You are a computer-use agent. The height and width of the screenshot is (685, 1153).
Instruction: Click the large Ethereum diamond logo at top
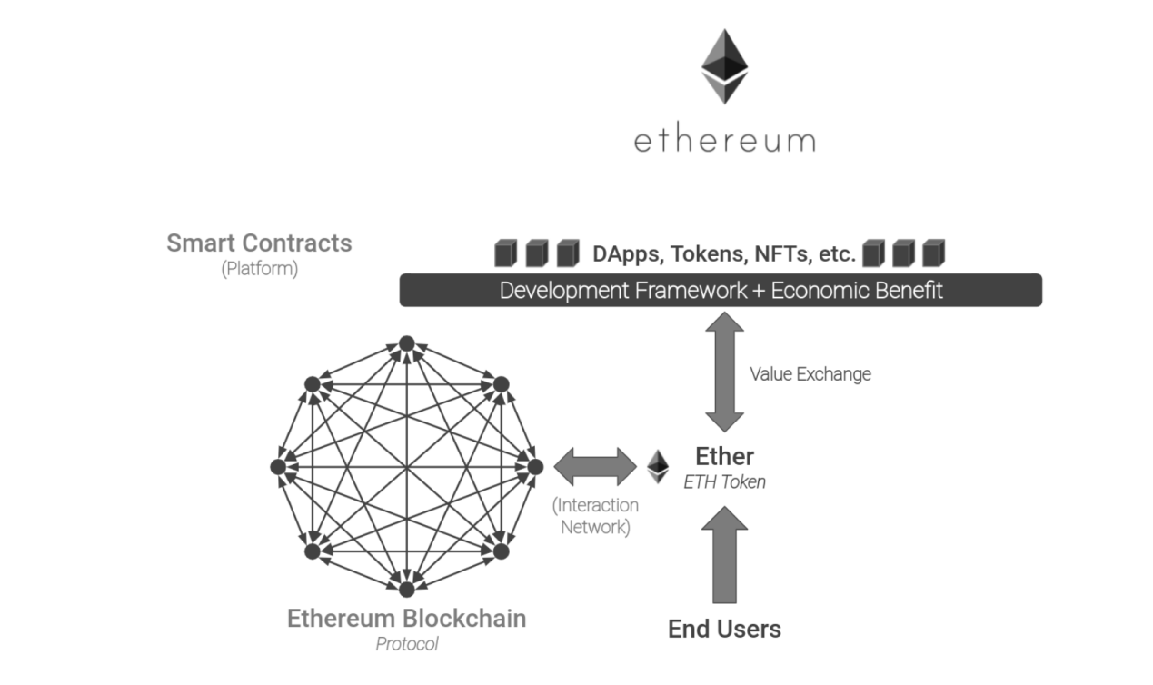(x=724, y=66)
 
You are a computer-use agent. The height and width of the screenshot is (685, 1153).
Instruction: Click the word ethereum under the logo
(x=724, y=142)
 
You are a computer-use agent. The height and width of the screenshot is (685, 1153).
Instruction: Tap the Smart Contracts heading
(x=259, y=243)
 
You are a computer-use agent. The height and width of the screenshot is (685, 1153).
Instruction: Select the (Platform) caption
(x=259, y=270)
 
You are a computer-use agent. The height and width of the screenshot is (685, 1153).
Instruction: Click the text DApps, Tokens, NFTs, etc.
(x=723, y=254)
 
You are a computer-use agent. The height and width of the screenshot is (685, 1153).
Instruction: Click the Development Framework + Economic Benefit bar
(x=721, y=291)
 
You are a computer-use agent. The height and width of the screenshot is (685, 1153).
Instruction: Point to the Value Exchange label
(x=810, y=373)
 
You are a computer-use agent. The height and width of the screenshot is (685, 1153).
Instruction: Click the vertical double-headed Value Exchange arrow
(x=724, y=372)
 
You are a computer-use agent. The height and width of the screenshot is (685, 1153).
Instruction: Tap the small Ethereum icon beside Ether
(x=658, y=466)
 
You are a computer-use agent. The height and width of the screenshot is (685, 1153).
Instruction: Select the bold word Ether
(x=724, y=456)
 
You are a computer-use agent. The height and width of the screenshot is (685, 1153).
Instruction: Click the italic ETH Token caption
(x=724, y=482)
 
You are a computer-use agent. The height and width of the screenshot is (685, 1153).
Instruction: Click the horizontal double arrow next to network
(x=595, y=466)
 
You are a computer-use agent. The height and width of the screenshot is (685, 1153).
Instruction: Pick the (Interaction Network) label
(x=595, y=516)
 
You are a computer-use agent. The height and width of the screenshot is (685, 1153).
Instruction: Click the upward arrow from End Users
(x=724, y=554)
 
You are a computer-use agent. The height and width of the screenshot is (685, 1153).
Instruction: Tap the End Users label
(x=724, y=629)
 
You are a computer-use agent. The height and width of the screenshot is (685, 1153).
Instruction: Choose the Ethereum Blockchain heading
(x=406, y=619)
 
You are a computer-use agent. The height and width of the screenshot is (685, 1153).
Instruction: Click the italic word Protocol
(x=406, y=644)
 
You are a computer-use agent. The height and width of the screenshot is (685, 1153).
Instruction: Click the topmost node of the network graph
(x=406, y=343)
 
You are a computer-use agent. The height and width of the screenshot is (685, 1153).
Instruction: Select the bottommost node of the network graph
(x=406, y=590)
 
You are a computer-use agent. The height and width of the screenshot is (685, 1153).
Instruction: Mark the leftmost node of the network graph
(x=278, y=466)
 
